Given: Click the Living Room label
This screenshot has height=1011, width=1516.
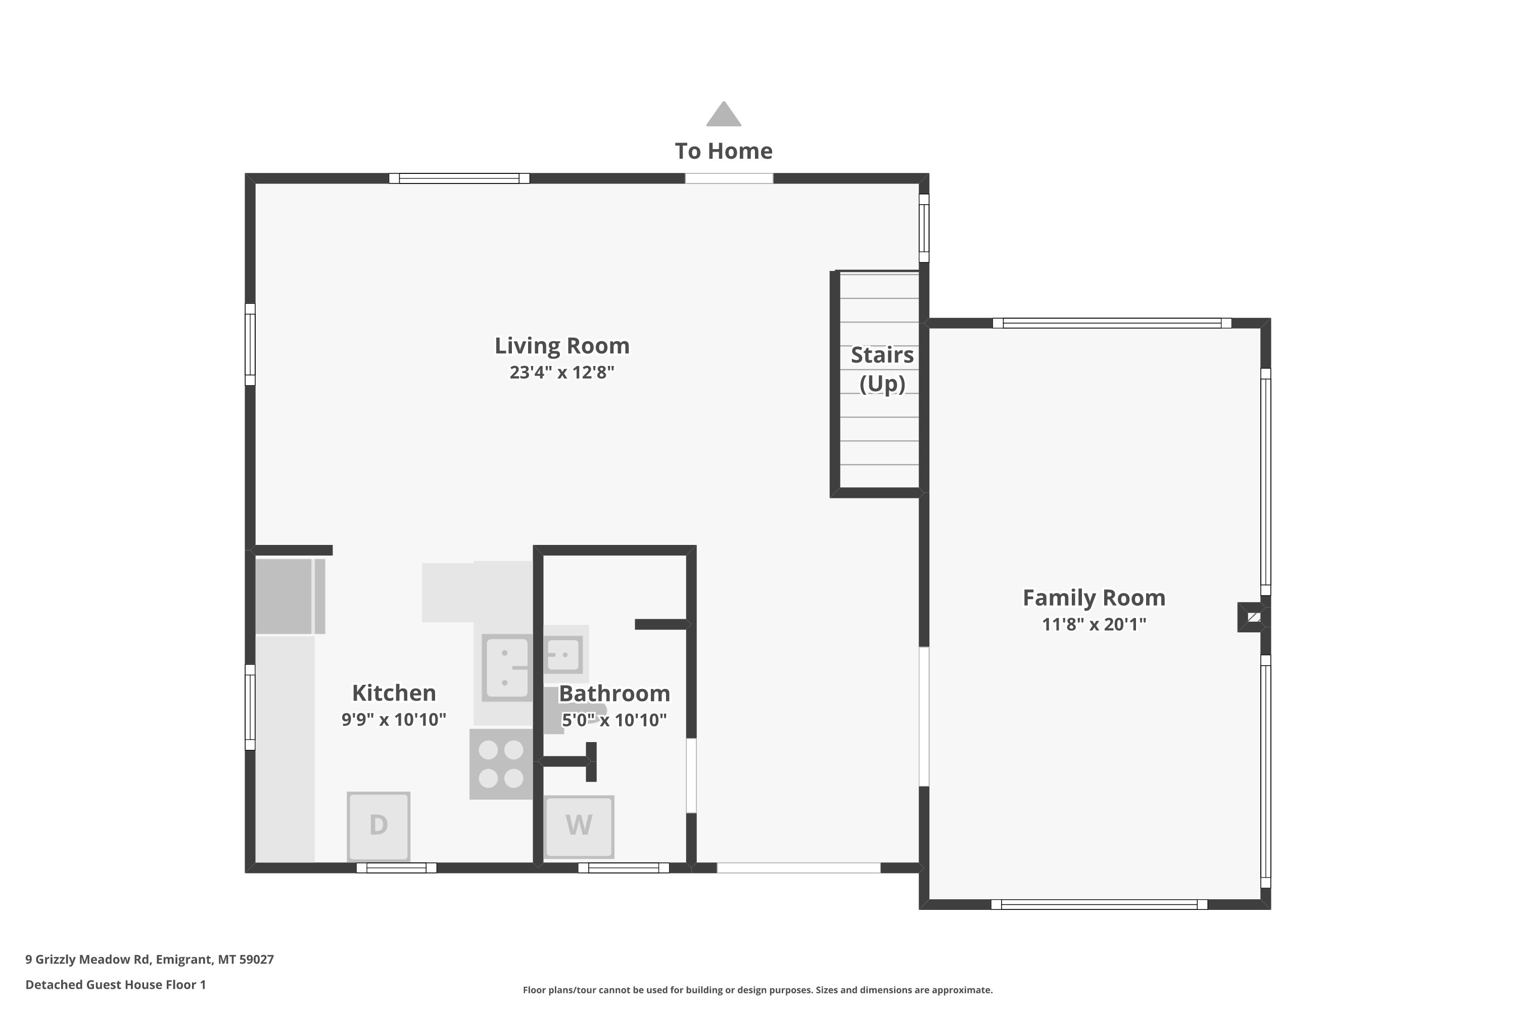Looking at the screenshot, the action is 562,346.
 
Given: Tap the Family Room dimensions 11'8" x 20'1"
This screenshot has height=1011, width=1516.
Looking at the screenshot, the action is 1094,624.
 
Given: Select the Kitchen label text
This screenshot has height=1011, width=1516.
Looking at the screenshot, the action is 394,693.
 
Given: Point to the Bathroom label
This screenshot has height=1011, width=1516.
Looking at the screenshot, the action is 614,694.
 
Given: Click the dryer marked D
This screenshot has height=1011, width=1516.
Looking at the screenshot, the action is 378,826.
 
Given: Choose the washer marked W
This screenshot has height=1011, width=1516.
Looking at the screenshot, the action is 579,826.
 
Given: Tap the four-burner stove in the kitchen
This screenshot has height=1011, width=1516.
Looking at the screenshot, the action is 501,764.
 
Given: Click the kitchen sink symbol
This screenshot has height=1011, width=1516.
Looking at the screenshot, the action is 508,667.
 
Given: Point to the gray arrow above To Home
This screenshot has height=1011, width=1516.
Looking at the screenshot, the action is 723,114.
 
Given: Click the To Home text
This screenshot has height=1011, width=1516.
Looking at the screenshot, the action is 723,151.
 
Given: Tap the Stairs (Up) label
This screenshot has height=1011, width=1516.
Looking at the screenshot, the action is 882,369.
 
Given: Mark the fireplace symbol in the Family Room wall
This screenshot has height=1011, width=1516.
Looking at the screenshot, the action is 1254,617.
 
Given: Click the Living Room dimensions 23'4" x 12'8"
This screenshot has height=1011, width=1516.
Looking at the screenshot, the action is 562,373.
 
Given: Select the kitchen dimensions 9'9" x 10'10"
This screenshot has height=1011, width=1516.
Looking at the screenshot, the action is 394,719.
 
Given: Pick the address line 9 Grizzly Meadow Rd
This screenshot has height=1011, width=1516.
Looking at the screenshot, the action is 150,959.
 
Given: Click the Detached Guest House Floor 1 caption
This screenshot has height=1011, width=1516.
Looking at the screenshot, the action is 115,985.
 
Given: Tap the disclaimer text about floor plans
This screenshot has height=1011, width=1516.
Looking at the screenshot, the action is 757,990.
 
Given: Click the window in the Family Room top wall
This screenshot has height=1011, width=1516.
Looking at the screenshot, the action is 1112,323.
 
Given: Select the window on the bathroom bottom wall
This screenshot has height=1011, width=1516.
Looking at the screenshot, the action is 623,868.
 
